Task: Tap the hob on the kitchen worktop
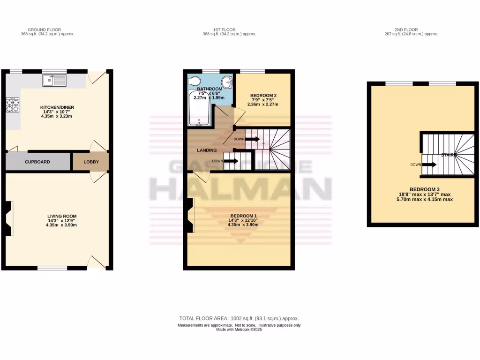tap(12, 105)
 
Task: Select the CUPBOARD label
tap(37, 162)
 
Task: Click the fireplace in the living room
tap(9, 217)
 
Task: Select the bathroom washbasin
tap(227, 82)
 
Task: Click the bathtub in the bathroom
tap(200, 109)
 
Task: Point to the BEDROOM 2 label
tap(263, 95)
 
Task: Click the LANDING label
tap(207, 150)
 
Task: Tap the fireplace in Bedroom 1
tap(190, 215)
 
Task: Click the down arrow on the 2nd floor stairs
tap(430, 165)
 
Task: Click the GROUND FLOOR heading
tap(47, 30)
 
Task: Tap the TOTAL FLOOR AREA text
tap(240, 318)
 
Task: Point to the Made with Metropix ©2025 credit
tap(239, 330)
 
